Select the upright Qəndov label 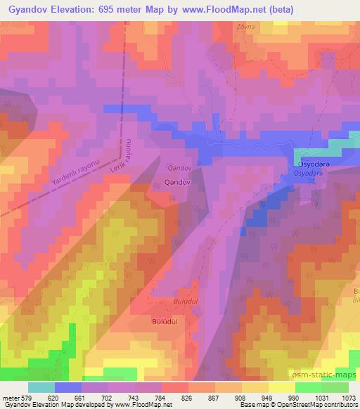click(x=177, y=182)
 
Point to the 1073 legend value click(x=347, y=397)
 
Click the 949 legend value click(x=266, y=397)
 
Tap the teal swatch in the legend click(x=41, y=387)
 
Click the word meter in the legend click(x=10, y=397)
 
